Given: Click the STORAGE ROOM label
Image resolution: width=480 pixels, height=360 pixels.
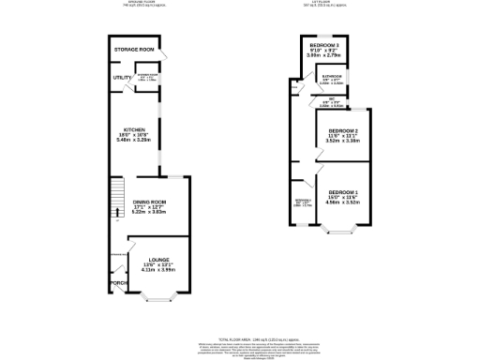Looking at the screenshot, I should (134, 48).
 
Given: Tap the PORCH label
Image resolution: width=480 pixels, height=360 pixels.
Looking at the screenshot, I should (118, 282).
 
